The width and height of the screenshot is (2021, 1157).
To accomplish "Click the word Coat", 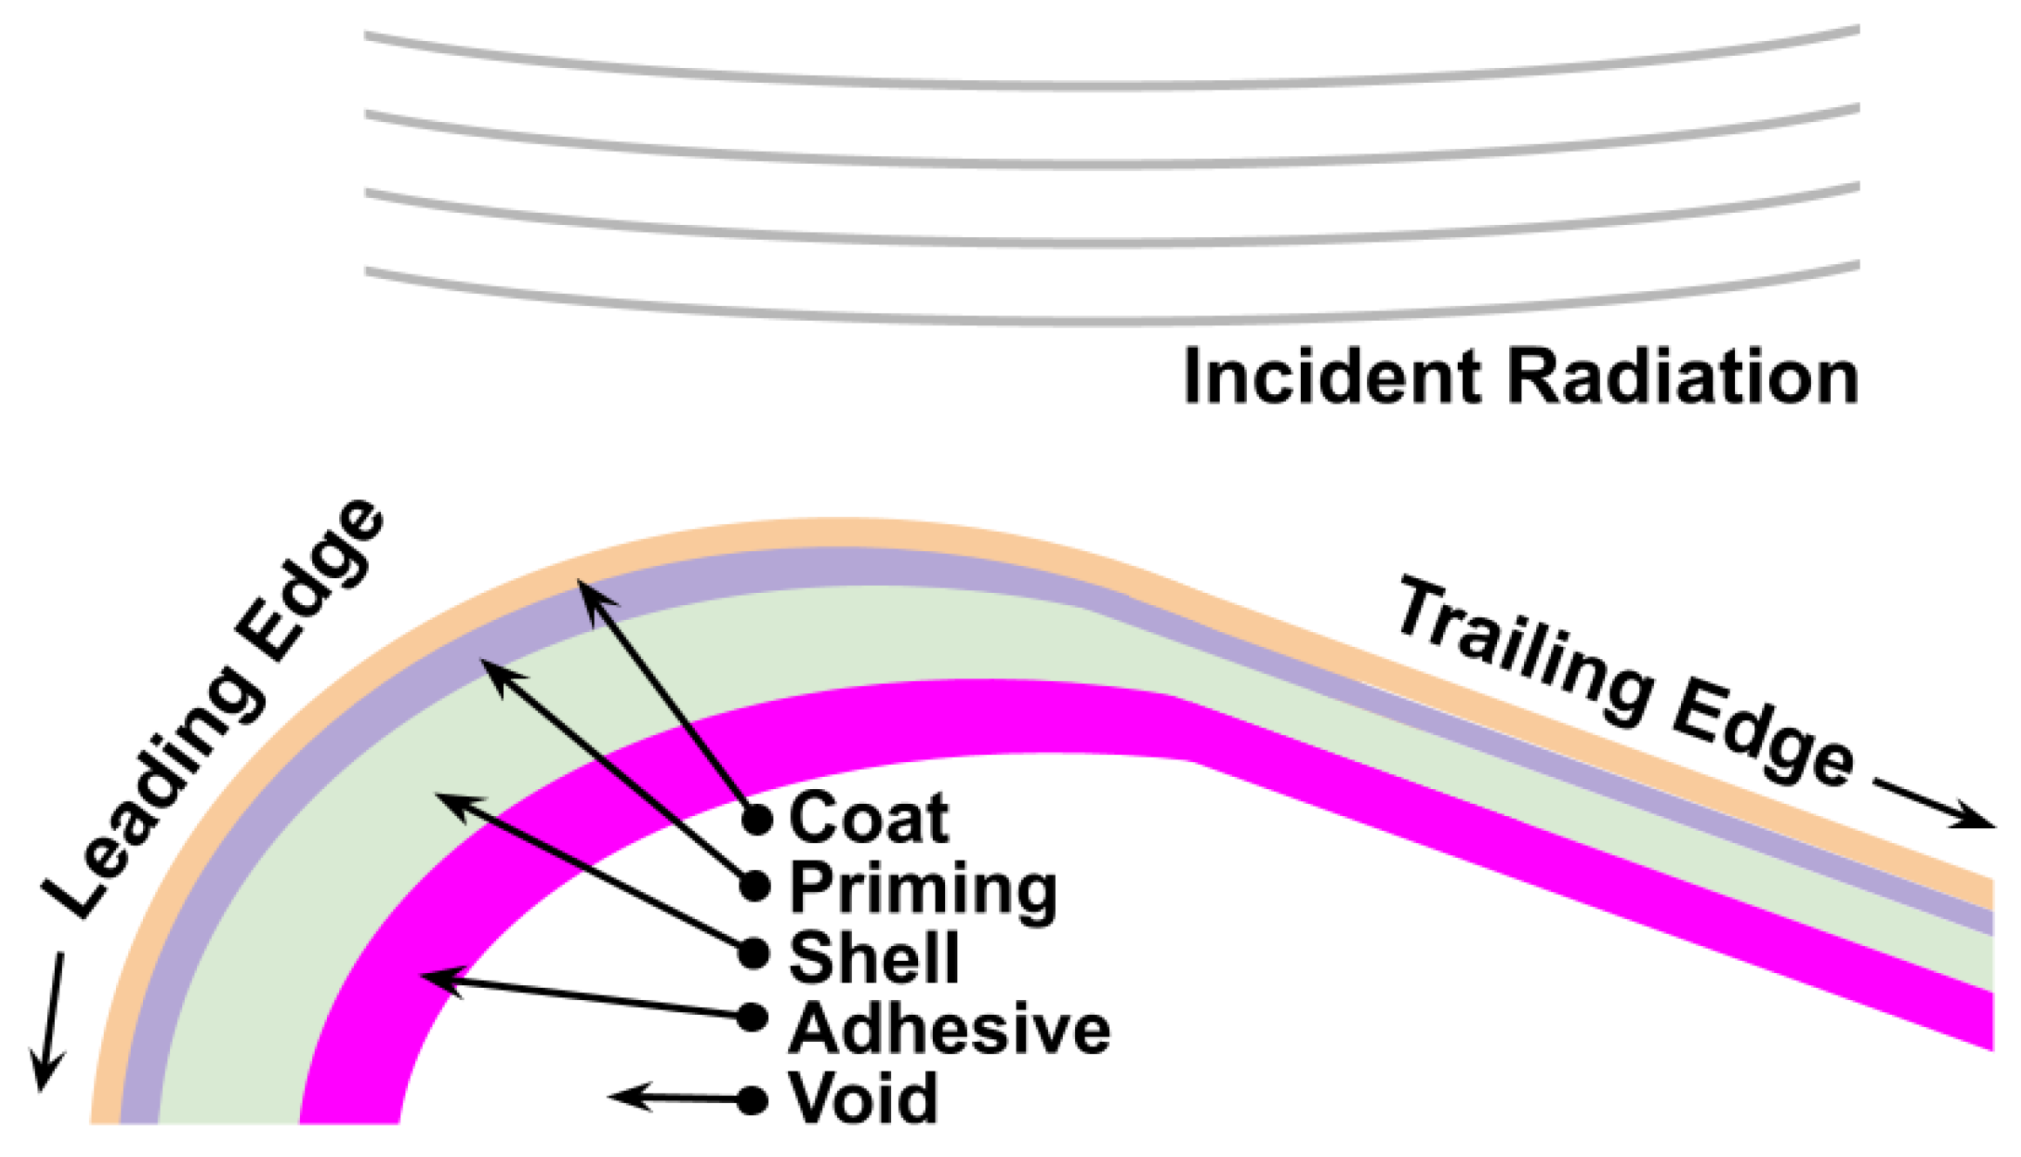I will tap(868, 819).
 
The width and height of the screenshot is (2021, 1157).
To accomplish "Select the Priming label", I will tap(922, 889).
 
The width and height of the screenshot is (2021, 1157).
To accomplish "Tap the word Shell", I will tap(874, 957).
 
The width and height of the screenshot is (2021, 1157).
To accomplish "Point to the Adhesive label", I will tap(949, 1029).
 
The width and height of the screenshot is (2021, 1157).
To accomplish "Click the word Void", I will tap(862, 1099).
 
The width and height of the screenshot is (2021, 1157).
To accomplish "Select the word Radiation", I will tap(1683, 377).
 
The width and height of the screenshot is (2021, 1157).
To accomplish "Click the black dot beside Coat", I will tap(757, 820).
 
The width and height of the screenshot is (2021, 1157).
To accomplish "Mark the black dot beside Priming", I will tap(755, 887).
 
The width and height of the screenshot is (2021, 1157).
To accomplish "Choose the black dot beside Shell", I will tap(753, 954).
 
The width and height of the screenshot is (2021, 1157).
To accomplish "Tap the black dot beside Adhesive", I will tap(752, 1017).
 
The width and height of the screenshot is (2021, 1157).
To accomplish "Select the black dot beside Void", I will tap(752, 1100).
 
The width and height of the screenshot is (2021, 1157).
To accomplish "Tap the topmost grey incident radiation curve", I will tap(1112, 85).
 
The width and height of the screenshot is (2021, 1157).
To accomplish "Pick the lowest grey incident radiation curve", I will tap(1112, 321).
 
